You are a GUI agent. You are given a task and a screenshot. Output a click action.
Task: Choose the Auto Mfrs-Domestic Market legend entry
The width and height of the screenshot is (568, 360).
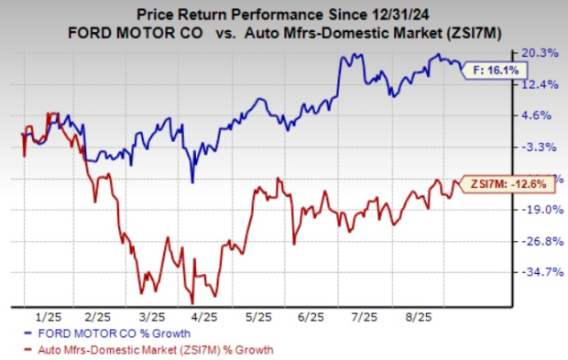151,349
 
